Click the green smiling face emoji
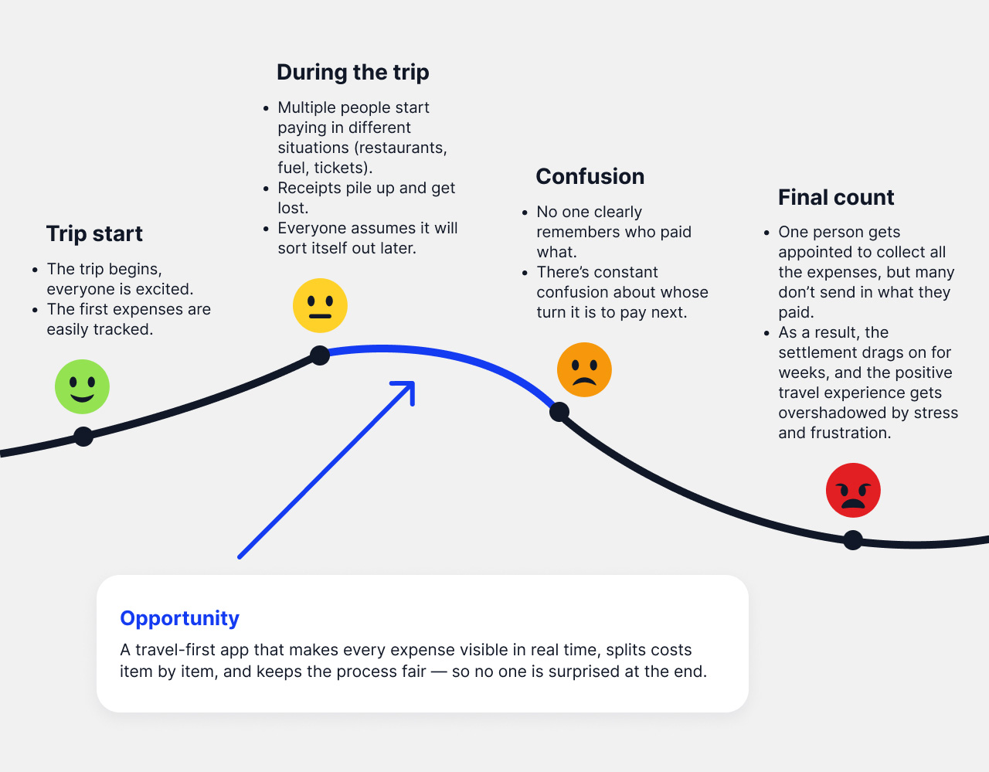(82, 386)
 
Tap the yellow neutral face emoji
(320, 305)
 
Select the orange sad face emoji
(584, 369)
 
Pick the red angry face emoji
(853, 490)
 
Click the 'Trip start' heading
(94, 233)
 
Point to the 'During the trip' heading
(353, 72)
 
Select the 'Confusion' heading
(590, 176)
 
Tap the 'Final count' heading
(836, 197)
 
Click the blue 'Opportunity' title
(180, 618)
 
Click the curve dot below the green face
(83, 437)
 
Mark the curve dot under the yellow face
(320, 355)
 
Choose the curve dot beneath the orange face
(559, 412)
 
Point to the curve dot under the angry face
(853, 540)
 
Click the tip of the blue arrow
(413, 383)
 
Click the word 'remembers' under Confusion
(573, 232)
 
